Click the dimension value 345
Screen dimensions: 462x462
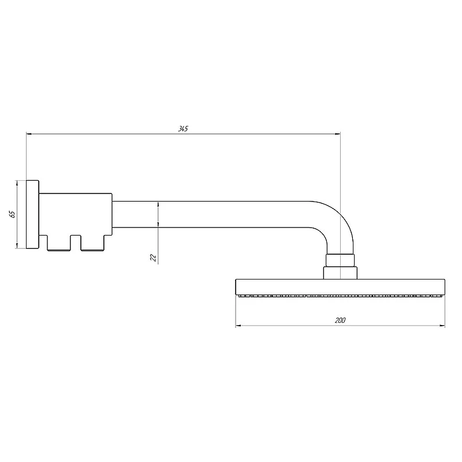pyautogui.click(x=183, y=129)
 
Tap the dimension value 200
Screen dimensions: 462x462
pyautogui.click(x=340, y=321)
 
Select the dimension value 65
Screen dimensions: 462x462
pyautogui.click(x=12, y=214)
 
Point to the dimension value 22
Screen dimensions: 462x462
pyautogui.click(x=153, y=258)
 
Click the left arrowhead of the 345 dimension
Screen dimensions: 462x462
pyautogui.click(x=29, y=134)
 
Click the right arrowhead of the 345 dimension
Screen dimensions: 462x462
pyautogui.click(x=338, y=134)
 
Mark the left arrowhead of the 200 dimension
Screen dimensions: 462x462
pyautogui.click(x=239, y=326)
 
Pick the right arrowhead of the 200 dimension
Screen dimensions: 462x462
pyautogui.click(x=442, y=326)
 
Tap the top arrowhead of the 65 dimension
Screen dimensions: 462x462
pyautogui.click(x=17, y=183)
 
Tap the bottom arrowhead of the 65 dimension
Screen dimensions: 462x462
pyautogui.click(x=17, y=245)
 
